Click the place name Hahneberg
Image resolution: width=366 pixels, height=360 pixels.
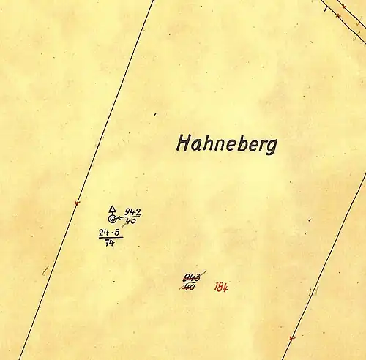click(x=226, y=143)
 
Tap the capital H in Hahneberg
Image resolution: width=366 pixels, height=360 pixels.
click(x=183, y=143)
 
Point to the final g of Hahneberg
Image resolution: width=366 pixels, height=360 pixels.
click(x=272, y=146)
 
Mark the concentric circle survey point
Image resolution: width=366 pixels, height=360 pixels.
click(x=112, y=218)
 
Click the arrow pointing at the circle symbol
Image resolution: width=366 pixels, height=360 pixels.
click(x=120, y=218)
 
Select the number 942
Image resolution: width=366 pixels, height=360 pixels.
click(x=132, y=213)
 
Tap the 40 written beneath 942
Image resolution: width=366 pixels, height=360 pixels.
click(x=131, y=221)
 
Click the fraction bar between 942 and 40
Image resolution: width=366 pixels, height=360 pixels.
click(x=132, y=217)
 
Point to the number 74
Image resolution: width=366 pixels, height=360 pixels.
click(x=110, y=243)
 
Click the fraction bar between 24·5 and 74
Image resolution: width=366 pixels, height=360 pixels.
click(x=111, y=238)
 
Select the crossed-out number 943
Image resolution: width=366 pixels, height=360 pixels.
click(x=192, y=277)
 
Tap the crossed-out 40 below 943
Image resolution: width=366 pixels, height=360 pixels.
click(x=189, y=286)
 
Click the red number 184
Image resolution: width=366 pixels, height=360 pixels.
click(x=221, y=287)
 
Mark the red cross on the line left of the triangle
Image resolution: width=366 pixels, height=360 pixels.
click(x=76, y=203)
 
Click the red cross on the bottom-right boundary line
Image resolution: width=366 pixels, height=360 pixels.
click(x=291, y=338)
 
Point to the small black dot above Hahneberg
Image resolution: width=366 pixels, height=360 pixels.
click(x=155, y=114)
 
